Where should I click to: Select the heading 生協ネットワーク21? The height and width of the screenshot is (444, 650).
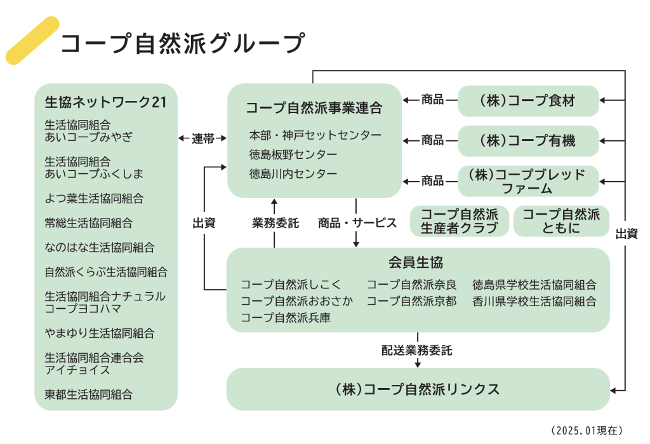pos(105,102)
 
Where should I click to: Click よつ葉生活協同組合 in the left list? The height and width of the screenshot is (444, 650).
pos(94,198)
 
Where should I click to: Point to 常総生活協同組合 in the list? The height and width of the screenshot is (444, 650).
pos(88,223)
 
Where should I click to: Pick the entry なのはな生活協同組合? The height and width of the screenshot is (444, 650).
pos(99,248)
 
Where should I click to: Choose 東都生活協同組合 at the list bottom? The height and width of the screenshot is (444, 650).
pos(88,394)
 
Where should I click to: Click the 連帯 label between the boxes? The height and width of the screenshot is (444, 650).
pos(202,138)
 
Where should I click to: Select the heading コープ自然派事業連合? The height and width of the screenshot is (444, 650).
pos(314,107)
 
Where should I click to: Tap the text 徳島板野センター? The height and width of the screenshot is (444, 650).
pos(293,154)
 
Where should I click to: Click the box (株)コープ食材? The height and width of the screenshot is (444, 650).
pos(528,100)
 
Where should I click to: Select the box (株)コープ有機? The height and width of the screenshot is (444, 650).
pos(528,140)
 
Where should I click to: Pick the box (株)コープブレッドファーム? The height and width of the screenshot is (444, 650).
pos(528,181)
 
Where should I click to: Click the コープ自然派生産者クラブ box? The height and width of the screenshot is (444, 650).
pos(460,221)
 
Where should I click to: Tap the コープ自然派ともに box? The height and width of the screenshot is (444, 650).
pos(560,221)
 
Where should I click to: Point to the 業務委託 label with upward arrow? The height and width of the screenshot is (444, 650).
pos(275,223)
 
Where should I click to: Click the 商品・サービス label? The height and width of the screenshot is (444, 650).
pos(357,223)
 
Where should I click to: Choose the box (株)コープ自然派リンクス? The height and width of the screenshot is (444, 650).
pos(417,389)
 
